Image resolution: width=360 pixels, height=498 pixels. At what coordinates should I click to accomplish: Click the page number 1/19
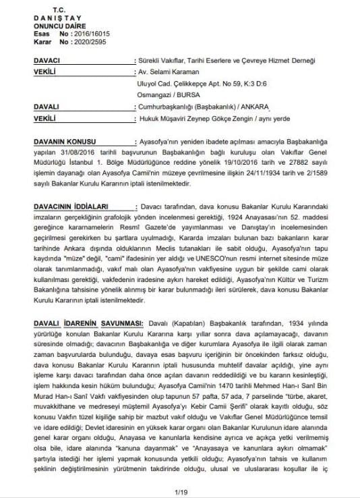[x=179, y=493]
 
